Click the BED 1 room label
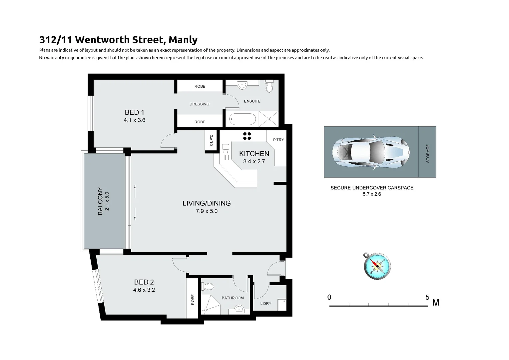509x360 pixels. [134, 112]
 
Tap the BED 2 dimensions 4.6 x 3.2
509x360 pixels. [144, 290]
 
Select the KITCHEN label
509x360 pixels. [254, 154]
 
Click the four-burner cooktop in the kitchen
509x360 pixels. [247, 136]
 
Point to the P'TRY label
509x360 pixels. [278, 140]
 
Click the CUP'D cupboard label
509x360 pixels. [211, 140]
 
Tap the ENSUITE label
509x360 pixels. [252, 101]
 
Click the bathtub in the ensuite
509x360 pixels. [243, 119]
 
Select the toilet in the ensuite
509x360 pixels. [269, 87]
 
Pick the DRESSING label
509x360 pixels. [199, 104]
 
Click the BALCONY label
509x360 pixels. [100, 201]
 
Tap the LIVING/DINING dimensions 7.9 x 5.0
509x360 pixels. [207, 211]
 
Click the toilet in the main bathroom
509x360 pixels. [209, 286]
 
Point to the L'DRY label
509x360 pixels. [265, 304]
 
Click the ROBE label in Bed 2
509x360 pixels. [193, 299]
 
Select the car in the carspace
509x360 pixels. [370, 152]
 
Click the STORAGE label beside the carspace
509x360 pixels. [428, 153]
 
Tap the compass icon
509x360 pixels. [377, 266]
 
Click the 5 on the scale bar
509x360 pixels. [427, 297]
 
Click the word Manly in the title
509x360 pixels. [183, 40]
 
